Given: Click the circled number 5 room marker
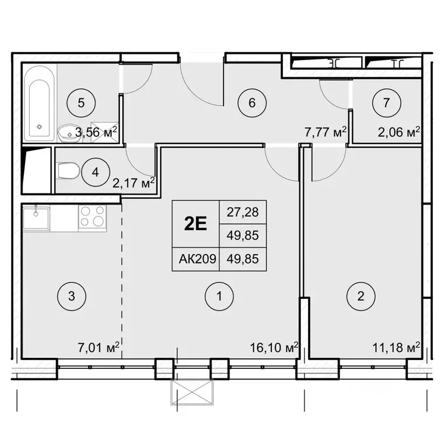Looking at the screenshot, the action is coord(81,103).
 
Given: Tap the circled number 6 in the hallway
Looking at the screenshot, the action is coord(252,103).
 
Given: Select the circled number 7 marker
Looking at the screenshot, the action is coord(387,103).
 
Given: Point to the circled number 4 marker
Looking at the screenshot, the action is coord(96,173).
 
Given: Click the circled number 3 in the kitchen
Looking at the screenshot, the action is coord(72,296).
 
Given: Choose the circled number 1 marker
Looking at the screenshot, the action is coord(219,296).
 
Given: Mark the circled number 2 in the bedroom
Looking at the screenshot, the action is coord(361,296).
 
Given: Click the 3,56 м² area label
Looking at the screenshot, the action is coord(96,132).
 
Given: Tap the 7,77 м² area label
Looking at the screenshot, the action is coord(325,132).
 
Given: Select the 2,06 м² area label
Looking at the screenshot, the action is coord(399,132).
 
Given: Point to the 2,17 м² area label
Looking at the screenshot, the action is coord(134,182).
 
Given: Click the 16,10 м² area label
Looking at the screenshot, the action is coord(274,347).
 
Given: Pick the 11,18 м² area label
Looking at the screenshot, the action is coord(396,347).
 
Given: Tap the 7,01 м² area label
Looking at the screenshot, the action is coord(98,348).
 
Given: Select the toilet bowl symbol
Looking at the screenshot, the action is coord(68,171).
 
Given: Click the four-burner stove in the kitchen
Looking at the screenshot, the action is coord(92,216).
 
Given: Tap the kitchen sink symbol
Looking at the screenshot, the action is coord(36,218).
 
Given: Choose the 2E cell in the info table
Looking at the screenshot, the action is coord(195,224).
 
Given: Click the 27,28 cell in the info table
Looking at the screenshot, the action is coord(243,212).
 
